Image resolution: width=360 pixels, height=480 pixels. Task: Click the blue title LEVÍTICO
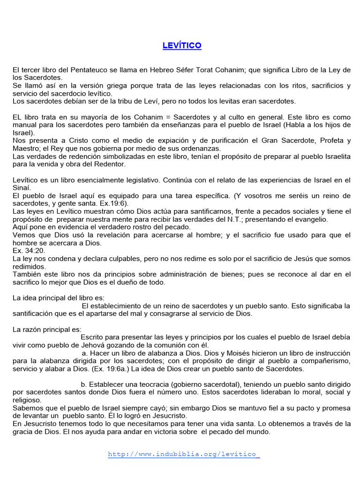click(182, 45)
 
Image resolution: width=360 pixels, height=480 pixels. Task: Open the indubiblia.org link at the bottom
click(183, 454)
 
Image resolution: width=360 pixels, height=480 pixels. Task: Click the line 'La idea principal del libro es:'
click(58, 298)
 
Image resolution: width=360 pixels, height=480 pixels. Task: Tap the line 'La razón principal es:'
click(47, 329)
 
